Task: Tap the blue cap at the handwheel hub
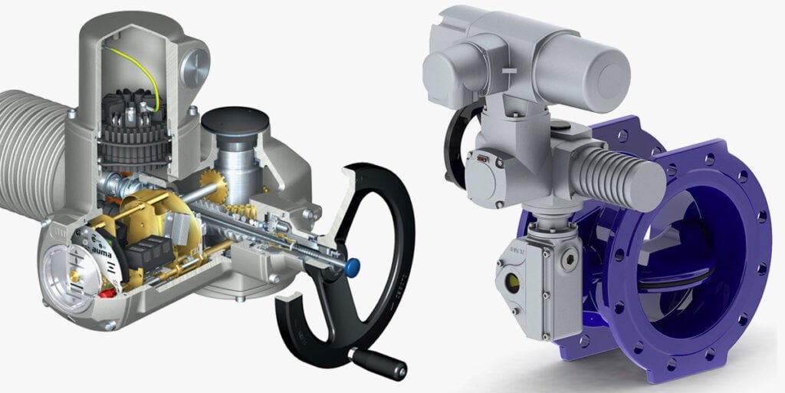coord(353,268)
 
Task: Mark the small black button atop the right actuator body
coord(563,124)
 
